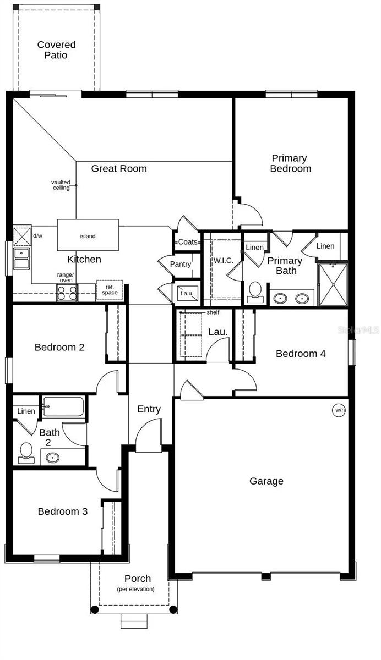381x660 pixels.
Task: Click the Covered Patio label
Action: coord(56,50)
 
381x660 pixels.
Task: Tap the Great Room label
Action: coord(119,168)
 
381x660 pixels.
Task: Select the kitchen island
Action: coord(88,235)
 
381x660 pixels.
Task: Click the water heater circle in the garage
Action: coord(338,410)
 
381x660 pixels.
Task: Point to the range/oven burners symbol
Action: coord(67,293)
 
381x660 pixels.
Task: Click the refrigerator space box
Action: coord(109,290)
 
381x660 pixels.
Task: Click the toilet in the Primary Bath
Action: coord(255,291)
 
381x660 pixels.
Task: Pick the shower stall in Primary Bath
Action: coord(333,283)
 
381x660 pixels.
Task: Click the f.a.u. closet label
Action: coord(187,293)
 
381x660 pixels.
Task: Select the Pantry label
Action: coord(180,265)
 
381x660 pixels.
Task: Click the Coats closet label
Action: coord(188,242)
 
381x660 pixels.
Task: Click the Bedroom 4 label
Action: coord(301,354)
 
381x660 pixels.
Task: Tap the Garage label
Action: coord(266,481)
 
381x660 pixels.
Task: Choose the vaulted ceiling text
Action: coord(61,185)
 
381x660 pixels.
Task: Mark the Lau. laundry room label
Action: coord(215,332)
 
